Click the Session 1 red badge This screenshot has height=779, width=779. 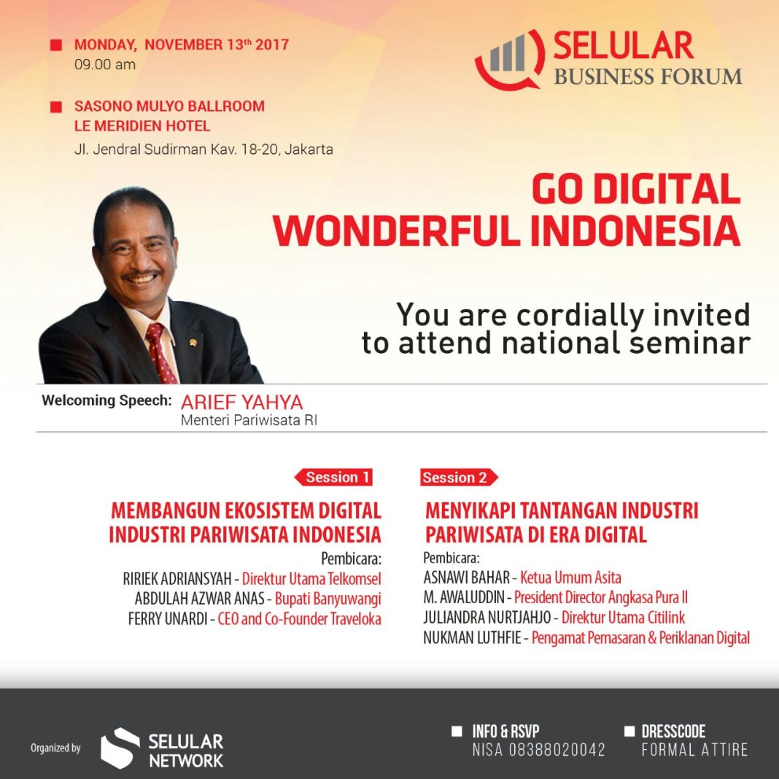(x=333, y=478)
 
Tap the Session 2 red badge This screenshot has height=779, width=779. (x=459, y=478)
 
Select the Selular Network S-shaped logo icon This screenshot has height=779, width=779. (x=119, y=748)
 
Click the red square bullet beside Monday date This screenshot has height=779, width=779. (x=56, y=45)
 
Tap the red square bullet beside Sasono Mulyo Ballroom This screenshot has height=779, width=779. (x=56, y=106)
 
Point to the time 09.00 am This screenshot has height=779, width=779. (x=105, y=65)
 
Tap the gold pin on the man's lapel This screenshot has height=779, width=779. (x=193, y=342)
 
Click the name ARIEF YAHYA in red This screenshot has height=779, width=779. (x=242, y=402)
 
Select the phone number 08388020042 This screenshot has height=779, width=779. (x=557, y=749)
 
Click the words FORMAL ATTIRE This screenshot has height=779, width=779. (x=694, y=749)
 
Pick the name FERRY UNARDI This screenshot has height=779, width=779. (x=168, y=619)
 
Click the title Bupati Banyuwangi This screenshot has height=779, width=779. (x=328, y=599)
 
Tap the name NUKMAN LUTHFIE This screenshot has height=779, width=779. (x=472, y=637)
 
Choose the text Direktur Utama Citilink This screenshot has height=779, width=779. (x=623, y=618)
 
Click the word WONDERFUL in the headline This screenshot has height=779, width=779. (x=398, y=230)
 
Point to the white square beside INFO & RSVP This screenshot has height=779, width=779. (x=457, y=731)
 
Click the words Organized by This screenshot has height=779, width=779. (x=55, y=748)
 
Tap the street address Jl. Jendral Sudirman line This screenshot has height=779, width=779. (x=204, y=150)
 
